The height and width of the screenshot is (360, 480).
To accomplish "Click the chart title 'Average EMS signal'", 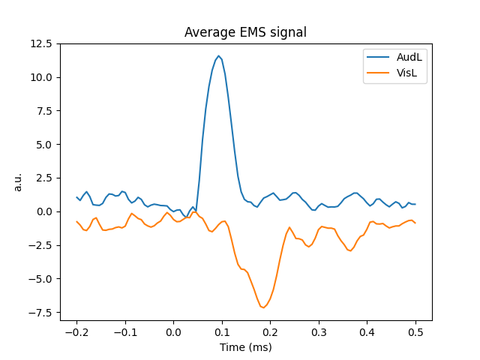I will pos(246,32).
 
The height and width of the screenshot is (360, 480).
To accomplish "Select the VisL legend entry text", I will pos(397,73).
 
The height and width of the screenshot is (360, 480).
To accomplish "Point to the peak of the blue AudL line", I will pos(218,55).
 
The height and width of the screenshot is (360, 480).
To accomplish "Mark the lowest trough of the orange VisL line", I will pos(263,307).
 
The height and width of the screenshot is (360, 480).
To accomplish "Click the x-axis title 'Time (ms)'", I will pos(246,347).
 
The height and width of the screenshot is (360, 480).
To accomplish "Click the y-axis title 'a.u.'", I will pos(19,182).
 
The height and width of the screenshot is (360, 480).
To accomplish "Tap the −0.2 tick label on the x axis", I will pos(76,331).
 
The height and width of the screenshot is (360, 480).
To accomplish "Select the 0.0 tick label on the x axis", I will pos(173,331).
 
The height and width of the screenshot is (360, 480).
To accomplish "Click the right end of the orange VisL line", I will pos(415,223).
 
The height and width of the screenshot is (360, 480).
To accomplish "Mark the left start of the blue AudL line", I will pos(76,197).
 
